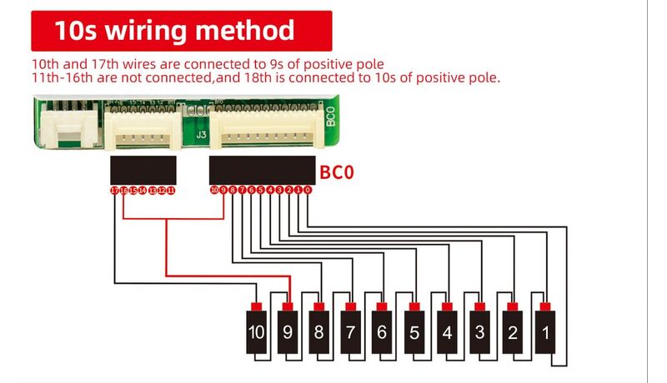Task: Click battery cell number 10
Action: tap(256, 332)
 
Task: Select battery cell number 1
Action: tap(544, 332)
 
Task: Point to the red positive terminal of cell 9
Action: tap(289, 306)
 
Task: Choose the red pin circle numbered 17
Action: tap(115, 191)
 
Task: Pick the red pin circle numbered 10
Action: tap(214, 191)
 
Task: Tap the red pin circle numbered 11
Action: tap(171, 191)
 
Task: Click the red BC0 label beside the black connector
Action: tap(337, 173)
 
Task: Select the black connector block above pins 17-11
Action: tap(143, 170)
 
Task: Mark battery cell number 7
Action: tap(351, 332)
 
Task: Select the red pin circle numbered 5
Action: tap(261, 191)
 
